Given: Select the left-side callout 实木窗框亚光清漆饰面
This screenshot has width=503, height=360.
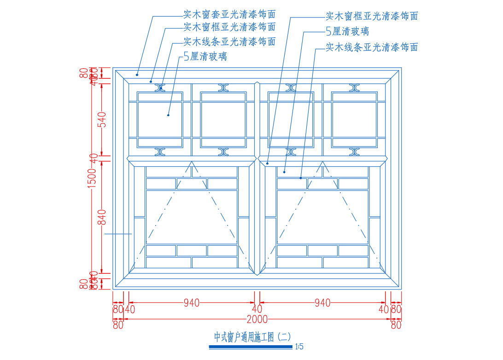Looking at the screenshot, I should (229, 27).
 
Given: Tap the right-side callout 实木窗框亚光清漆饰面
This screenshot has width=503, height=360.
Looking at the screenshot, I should (372, 16).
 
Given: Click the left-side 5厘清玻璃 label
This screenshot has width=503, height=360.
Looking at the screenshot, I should (205, 57).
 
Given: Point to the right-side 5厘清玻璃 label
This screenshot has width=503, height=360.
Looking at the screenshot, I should (347, 31).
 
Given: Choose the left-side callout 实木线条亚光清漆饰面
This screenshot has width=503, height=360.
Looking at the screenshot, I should (229, 42).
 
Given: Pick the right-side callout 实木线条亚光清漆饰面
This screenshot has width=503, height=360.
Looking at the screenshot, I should (372, 47).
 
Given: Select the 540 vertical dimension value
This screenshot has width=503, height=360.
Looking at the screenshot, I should (102, 119).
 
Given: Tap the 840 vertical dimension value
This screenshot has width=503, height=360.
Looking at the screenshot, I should (102, 217).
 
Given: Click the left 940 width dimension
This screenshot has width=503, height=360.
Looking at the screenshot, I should (192, 303).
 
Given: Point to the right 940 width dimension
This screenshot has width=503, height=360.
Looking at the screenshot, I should (322, 303).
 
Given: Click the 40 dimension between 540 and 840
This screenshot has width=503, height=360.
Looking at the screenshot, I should (94, 158).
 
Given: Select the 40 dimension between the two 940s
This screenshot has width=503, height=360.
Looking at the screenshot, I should (257, 309).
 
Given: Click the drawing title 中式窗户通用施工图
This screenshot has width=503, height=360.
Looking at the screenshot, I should (252, 337).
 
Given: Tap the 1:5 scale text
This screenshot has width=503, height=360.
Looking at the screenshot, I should (299, 347).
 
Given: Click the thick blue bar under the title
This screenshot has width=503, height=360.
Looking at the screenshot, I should (251, 347).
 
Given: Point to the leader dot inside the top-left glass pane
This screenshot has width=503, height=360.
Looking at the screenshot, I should (169, 115).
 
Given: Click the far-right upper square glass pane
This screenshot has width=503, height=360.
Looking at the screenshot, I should (354, 119).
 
